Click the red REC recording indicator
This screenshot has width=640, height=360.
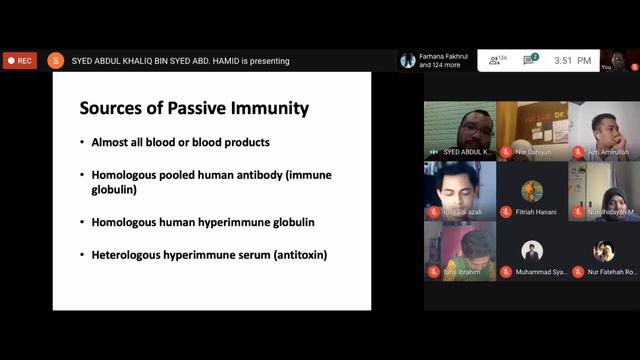click(x=19, y=61)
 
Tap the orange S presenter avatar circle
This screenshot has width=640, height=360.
click(x=55, y=61)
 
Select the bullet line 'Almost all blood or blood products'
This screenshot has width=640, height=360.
click(x=180, y=142)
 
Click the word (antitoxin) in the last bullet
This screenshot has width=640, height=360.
click(x=294, y=254)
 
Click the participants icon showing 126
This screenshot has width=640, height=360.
click(x=496, y=61)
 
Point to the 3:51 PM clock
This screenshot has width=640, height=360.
click(x=571, y=61)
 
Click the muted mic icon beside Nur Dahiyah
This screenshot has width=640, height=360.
click(x=506, y=152)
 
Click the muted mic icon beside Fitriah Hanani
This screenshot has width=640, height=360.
click(x=506, y=212)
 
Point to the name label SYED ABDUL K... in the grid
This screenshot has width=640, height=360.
click(x=466, y=152)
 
